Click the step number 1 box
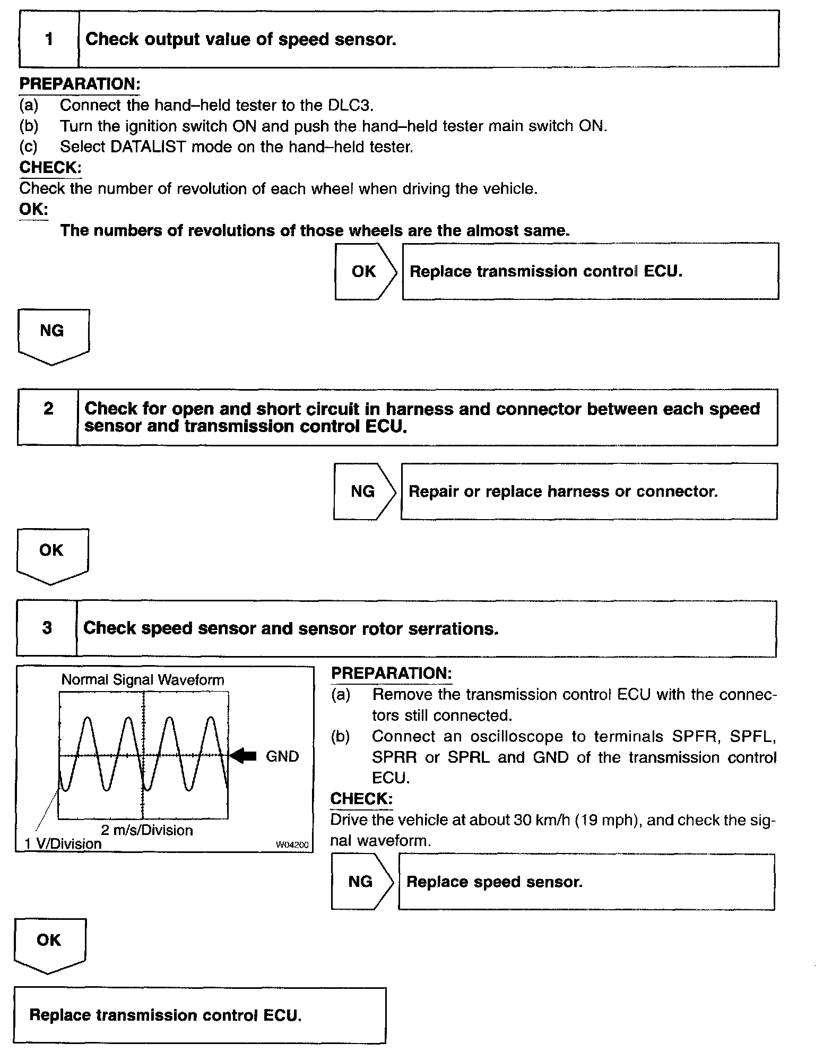49,40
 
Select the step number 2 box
48,417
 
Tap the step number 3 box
47,628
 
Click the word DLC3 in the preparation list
350,105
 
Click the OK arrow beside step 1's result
365,272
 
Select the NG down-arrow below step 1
53,334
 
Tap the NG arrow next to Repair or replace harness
364,491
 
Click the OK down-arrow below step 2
51,554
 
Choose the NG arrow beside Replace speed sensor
362,882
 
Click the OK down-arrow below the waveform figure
49,943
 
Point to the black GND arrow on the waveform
244,756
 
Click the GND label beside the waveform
282,756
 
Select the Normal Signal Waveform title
143,680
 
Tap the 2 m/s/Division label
147,830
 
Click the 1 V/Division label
63,844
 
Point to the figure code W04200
292,845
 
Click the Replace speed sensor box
586,882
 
